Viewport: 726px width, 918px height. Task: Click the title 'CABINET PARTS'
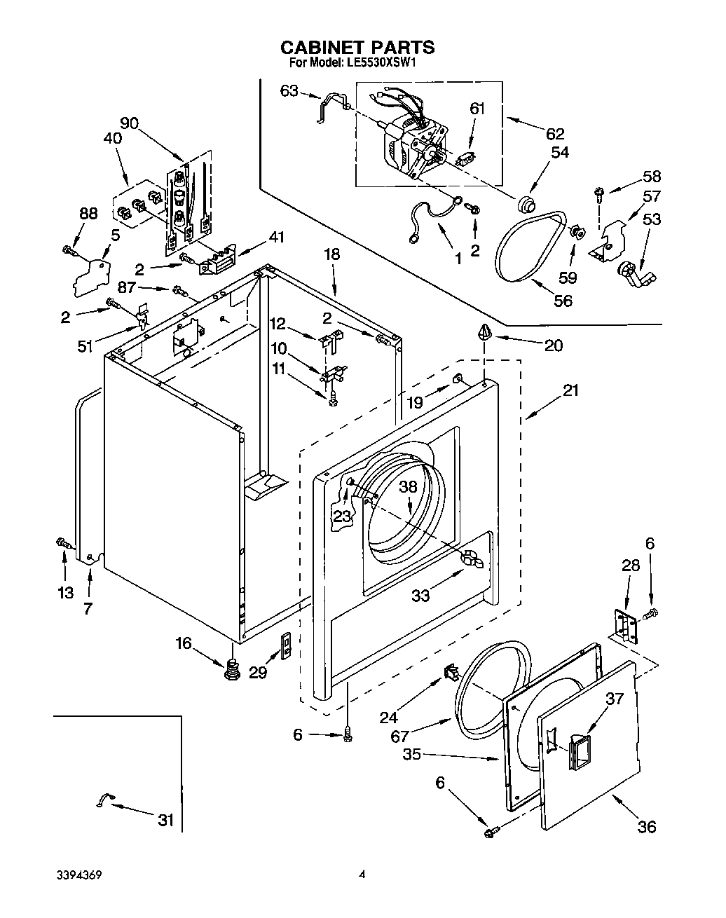click(357, 47)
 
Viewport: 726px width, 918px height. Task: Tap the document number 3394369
click(83, 875)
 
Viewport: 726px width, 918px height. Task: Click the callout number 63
click(289, 90)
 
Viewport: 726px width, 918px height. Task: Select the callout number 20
click(554, 345)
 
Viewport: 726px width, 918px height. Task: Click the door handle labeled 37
click(580, 753)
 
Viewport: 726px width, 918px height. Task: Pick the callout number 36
click(647, 826)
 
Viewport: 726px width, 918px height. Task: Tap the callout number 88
click(88, 214)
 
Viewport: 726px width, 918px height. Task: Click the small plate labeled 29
click(286, 645)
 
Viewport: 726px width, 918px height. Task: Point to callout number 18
click(331, 254)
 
